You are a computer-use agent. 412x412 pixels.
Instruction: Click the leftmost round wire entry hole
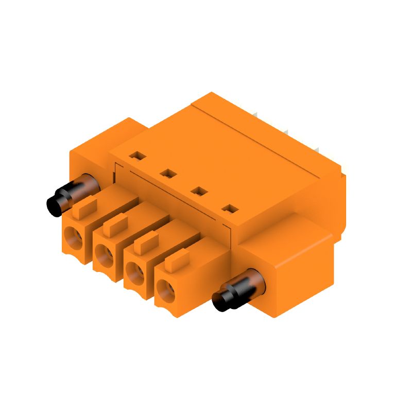click(73, 239)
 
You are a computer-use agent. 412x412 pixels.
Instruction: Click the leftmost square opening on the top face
click(135, 154)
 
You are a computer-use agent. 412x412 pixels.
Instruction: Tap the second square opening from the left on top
click(166, 174)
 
